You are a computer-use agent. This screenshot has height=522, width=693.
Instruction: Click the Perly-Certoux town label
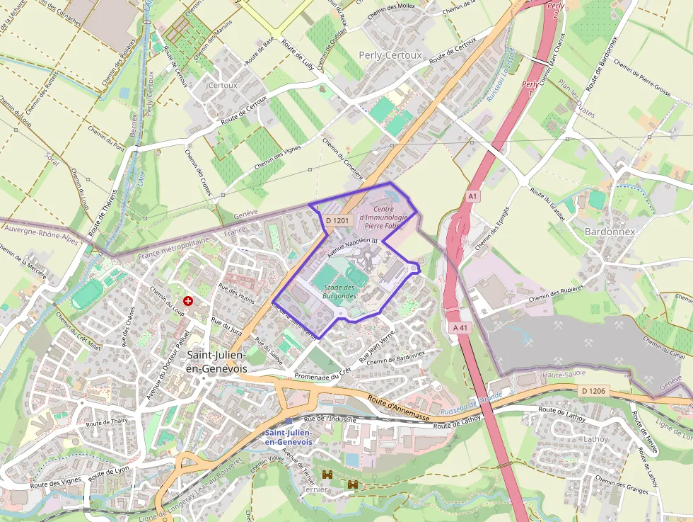pyautogui.click(x=390, y=55)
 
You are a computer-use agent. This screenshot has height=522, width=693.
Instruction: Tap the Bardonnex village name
pyautogui.click(x=610, y=232)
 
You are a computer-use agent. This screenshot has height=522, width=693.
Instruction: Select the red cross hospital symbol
pyautogui.click(x=188, y=301)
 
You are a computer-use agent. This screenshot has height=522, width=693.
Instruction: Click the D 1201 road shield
pyautogui.click(x=338, y=220)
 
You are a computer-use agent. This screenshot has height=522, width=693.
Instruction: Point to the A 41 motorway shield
pyautogui.click(x=459, y=328)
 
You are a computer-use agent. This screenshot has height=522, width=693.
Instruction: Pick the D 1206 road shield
pyautogui.click(x=593, y=390)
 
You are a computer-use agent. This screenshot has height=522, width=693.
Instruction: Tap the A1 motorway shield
pyautogui.click(x=473, y=195)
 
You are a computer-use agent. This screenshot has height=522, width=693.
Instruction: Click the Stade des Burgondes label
pyautogui.click(x=338, y=291)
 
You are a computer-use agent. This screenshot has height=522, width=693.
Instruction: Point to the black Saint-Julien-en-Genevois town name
pyautogui.click(x=216, y=361)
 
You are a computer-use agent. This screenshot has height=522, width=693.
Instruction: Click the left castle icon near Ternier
pyautogui.click(x=327, y=475)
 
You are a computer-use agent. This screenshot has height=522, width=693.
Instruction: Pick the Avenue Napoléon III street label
pyautogui.click(x=352, y=247)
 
